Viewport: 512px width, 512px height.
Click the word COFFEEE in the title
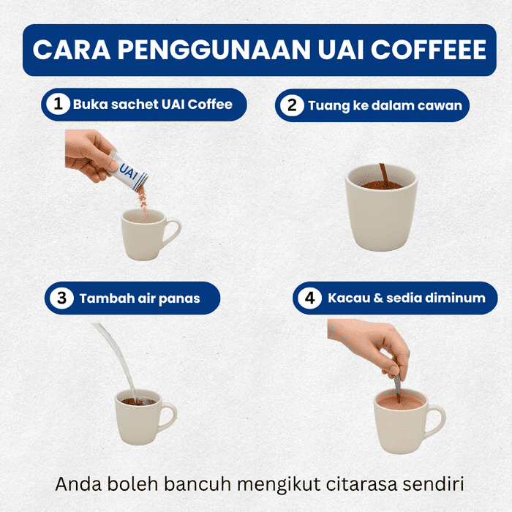429,50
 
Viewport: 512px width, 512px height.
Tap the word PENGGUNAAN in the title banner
214,50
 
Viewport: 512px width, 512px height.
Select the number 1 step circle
58,104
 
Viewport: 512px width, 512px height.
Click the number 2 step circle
292,105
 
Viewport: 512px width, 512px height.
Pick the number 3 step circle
61,298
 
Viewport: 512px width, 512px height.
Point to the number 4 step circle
310,298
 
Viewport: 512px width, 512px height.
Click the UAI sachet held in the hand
128,171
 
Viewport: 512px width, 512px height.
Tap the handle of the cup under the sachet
173,233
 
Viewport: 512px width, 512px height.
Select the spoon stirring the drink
397,388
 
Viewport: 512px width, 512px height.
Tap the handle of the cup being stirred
436,421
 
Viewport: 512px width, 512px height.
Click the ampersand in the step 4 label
378,298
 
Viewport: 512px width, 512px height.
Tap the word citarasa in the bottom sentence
362,484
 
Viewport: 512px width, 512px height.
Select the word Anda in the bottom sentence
78,484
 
